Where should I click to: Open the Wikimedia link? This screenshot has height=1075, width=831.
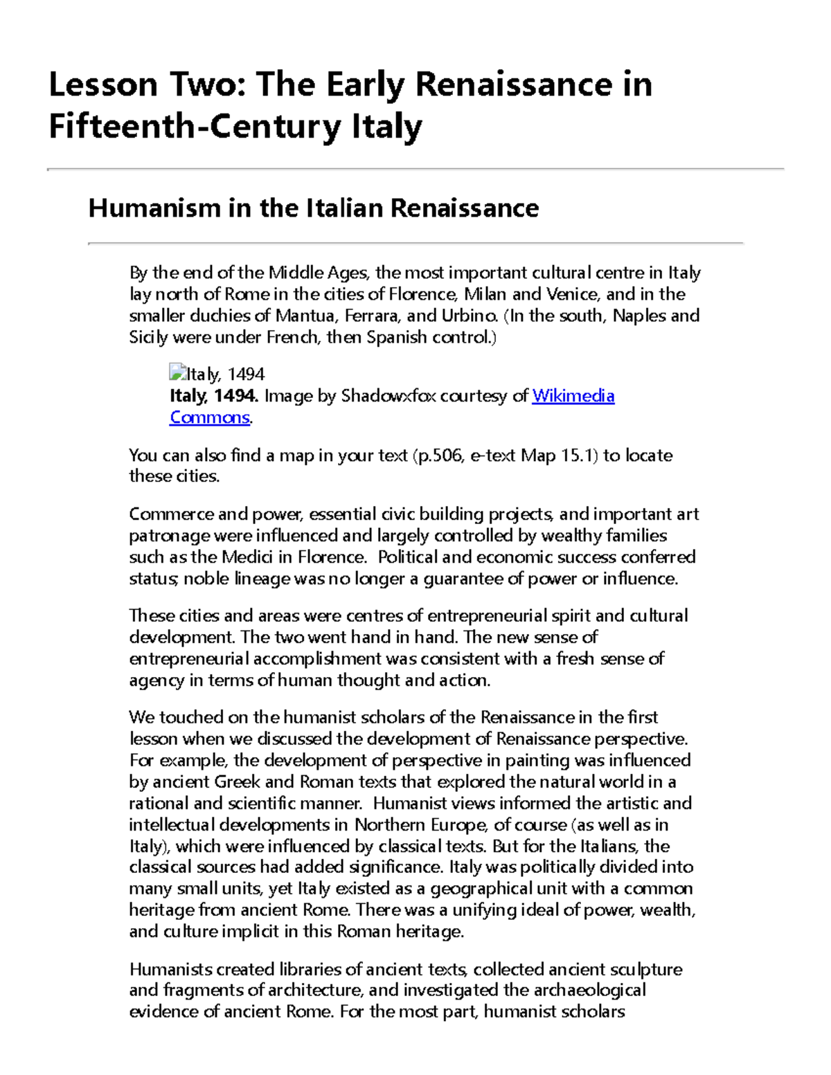[x=573, y=396]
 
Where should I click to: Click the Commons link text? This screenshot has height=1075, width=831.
[x=209, y=417]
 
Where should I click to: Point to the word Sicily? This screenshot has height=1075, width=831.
[x=148, y=337]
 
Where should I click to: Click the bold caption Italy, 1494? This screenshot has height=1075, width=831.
[x=214, y=396]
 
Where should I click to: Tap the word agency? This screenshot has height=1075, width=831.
[x=157, y=680]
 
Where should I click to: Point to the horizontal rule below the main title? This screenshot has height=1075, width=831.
[x=415, y=169]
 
